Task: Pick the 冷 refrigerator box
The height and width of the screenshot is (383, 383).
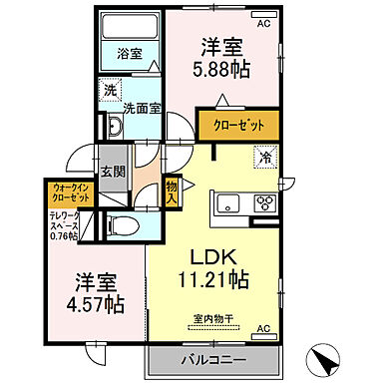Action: pos(265,157)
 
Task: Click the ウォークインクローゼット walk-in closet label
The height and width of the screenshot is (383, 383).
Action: pos(70,191)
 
